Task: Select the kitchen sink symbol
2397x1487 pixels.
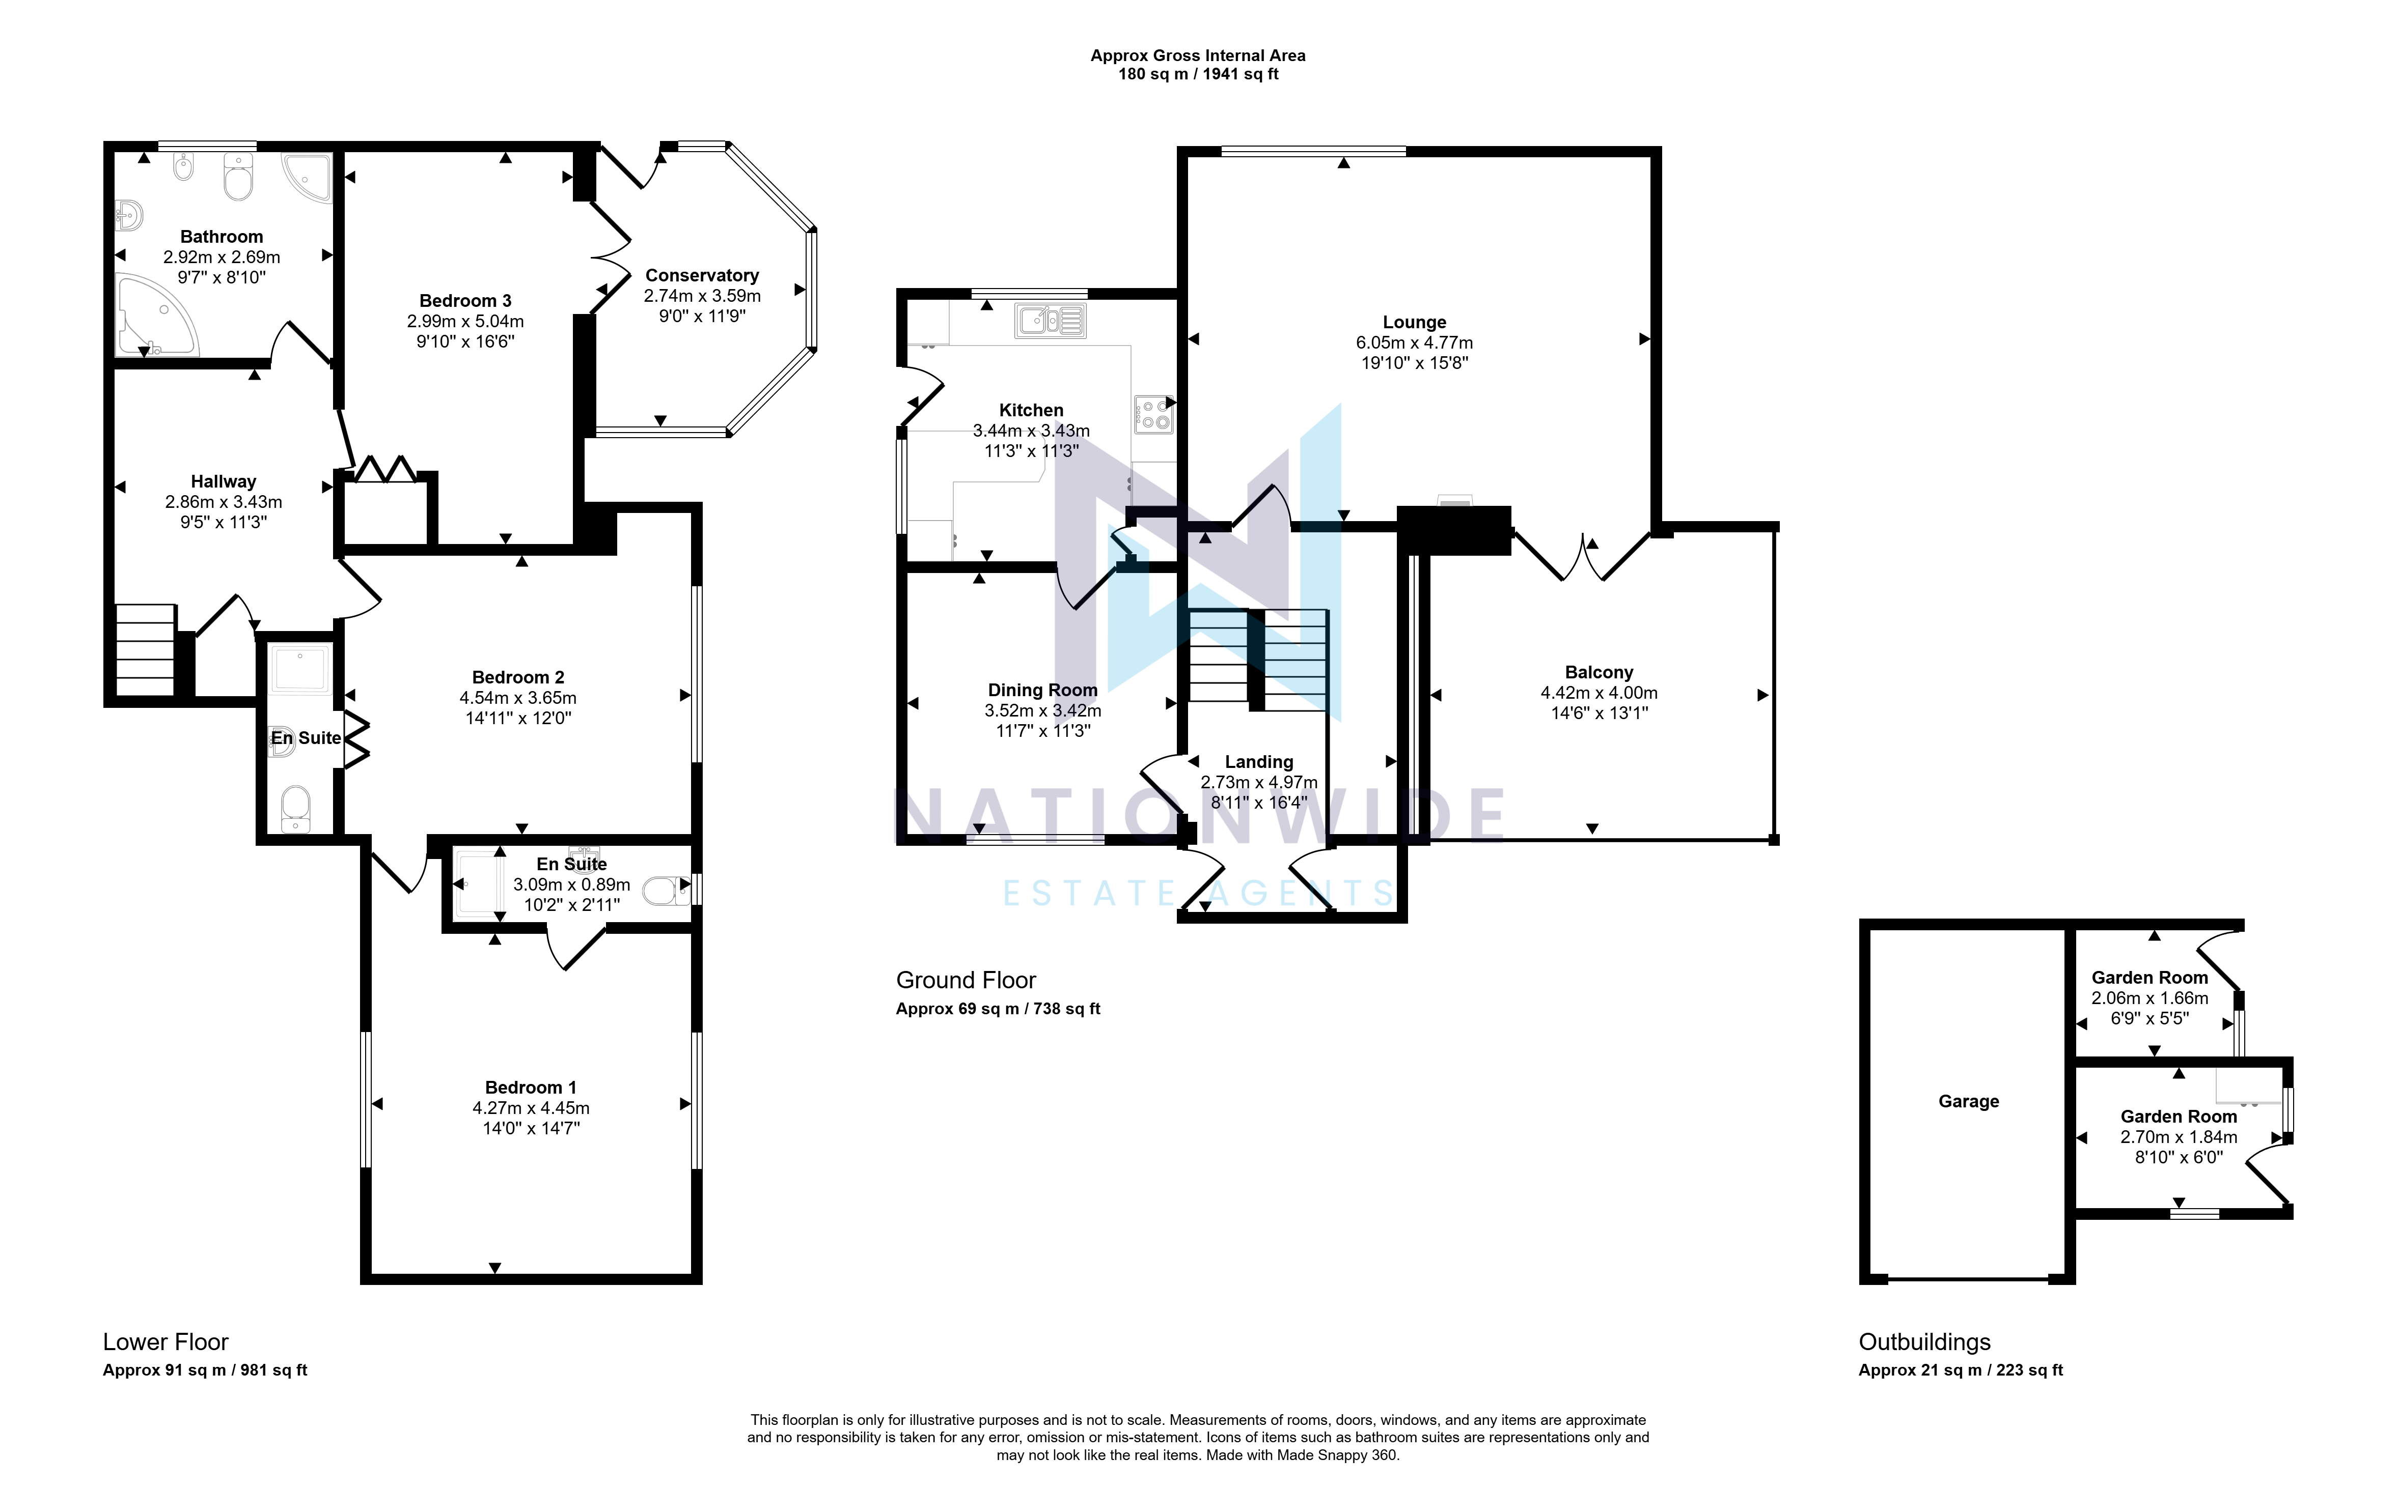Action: (1051, 321)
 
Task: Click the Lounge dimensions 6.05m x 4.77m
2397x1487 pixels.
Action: (1414, 342)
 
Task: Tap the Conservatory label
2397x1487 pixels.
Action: (702, 275)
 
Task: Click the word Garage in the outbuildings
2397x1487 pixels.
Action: (1968, 1101)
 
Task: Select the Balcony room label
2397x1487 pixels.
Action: (1599, 673)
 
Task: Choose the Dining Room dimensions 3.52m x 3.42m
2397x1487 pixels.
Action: (1043, 710)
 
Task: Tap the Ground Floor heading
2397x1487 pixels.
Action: (966, 981)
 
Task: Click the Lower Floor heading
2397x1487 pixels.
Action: (166, 1342)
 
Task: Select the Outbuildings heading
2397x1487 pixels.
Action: (1924, 1342)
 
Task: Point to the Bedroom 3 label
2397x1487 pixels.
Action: (465, 301)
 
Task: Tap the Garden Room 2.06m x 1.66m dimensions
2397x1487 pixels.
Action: (2149, 998)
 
